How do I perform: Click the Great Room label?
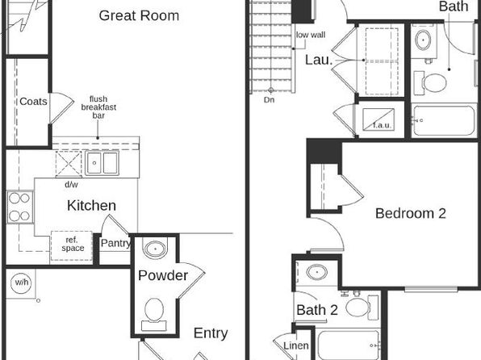pyautogui.click(x=139, y=15)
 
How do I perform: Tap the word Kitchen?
pyautogui.click(x=91, y=205)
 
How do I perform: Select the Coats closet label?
pyautogui.click(x=33, y=101)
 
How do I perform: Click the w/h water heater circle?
pyautogui.click(x=22, y=282)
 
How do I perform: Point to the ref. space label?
pyautogui.click(x=73, y=244)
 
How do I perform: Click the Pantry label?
pyautogui.click(x=115, y=243)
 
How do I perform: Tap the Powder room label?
pyautogui.click(x=163, y=275)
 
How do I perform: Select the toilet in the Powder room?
pyautogui.click(x=154, y=314)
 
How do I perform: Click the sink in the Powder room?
pyautogui.click(x=156, y=248)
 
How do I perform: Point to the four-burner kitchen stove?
pyautogui.click(x=20, y=207)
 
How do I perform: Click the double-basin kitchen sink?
pyautogui.click(x=102, y=163)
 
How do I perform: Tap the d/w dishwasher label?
pyautogui.click(x=71, y=185)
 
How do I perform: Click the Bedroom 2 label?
pyautogui.click(x=411, y=213)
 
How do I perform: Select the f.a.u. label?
pyautogui.click(x=382, y=125)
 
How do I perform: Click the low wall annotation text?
pyautogui.click(x=311, y=35)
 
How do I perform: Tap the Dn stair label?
pyautogui.click(x=269, y=100)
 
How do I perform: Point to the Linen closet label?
pyautogui.click(x=296, y=345)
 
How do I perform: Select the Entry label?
pyautogui.click(x=211, y=333)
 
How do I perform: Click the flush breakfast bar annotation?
pyautogui.click(x=98, y=107)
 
